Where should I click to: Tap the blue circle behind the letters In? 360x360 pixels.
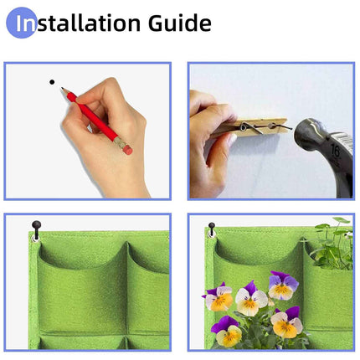pos(22,23)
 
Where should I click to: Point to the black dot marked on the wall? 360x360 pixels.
pos(52,82)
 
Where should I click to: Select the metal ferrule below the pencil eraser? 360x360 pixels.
pos(120,141)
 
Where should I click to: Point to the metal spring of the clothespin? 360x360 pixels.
pos(244,126)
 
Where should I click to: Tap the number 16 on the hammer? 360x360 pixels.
pos(335,152)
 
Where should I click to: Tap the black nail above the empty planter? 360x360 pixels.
pos(36,225)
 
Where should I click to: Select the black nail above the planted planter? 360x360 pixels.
pos(212,226)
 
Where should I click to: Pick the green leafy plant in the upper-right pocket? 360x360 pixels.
pos(332,247)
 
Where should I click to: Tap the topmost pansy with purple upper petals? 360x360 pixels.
pos(282,285)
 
